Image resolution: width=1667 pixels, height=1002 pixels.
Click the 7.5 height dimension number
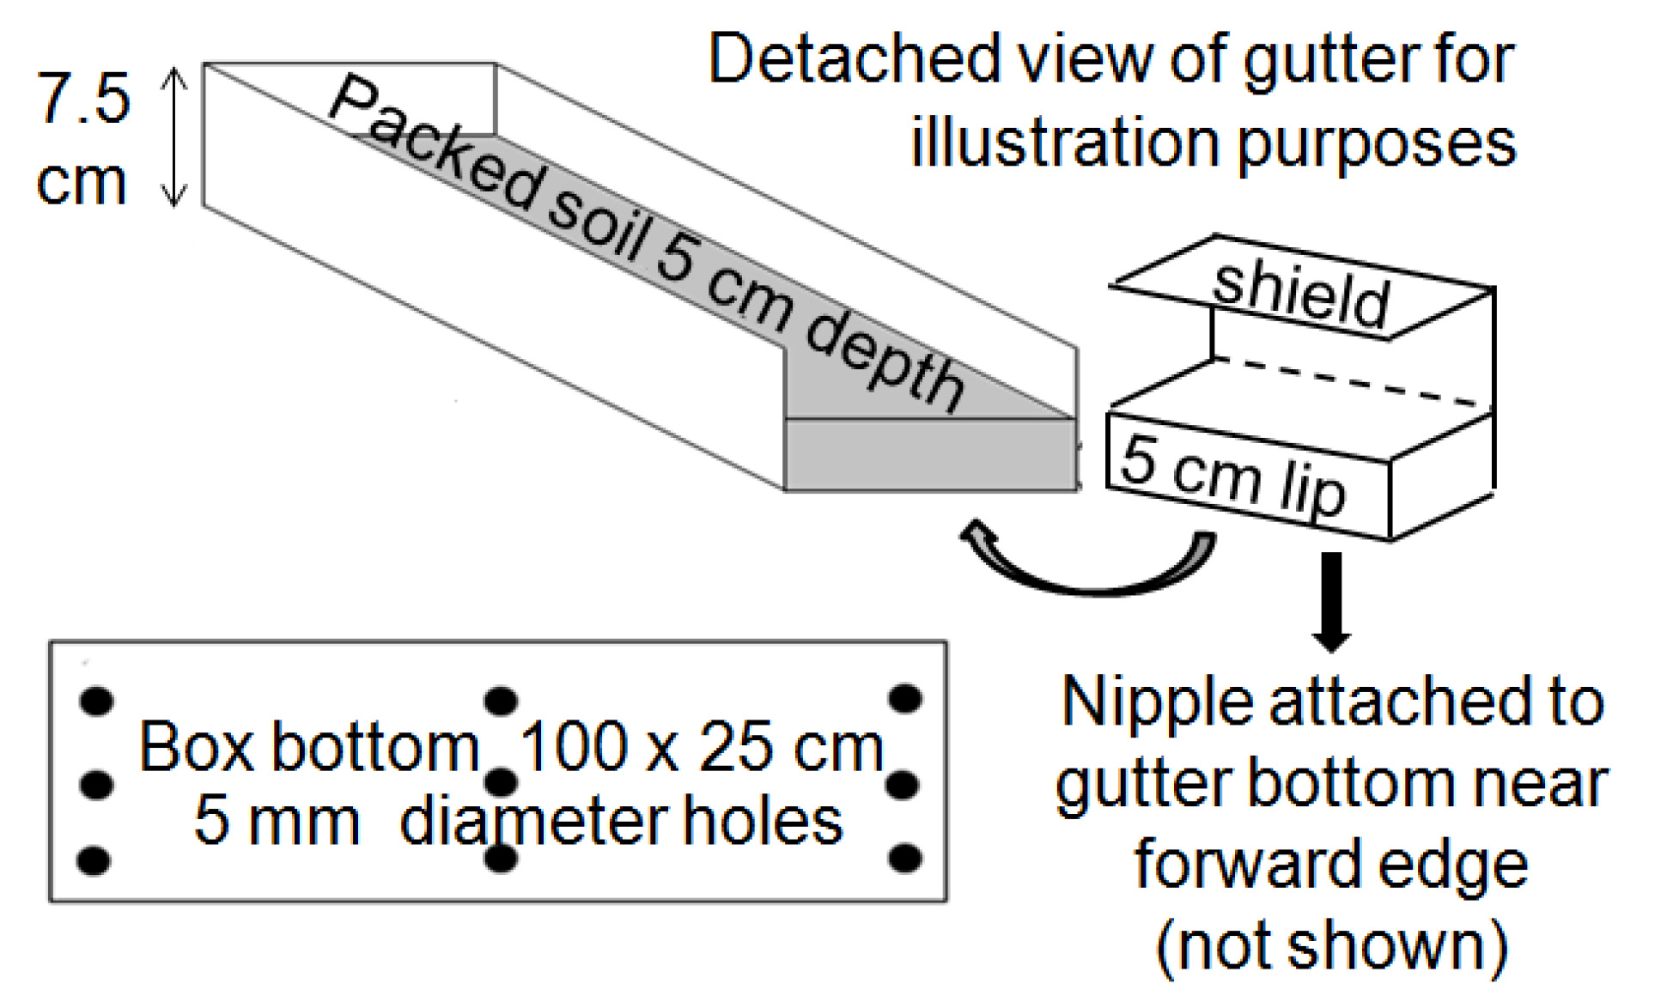point(83,98)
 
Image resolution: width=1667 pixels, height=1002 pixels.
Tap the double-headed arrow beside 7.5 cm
point(174,137)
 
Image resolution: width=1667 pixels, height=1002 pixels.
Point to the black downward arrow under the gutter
point(1330,601)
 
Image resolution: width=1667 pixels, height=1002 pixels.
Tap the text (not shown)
point(1331,944)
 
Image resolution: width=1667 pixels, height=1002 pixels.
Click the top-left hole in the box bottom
point(96,701)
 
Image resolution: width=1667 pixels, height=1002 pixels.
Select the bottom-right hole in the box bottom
point(905,858)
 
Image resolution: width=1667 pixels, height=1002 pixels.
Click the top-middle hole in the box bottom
point(501,701)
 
